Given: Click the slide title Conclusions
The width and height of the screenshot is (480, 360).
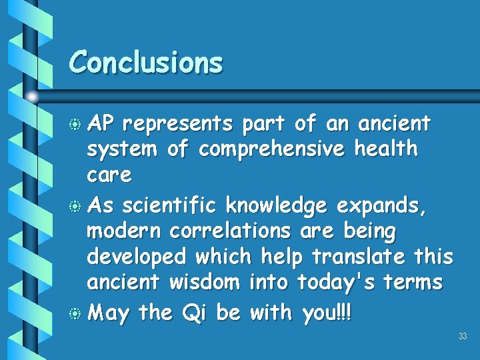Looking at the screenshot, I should [145, 63].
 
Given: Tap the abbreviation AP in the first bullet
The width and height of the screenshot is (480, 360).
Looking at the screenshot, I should [101, 124].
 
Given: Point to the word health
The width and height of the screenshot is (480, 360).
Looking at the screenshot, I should [386, 149].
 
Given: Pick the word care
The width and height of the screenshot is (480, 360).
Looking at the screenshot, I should [109, 176].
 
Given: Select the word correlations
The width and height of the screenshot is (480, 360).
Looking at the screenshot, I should [230, 231].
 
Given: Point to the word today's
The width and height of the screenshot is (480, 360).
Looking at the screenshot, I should [338, 283].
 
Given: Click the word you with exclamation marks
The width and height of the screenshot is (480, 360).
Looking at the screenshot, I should [326, 311].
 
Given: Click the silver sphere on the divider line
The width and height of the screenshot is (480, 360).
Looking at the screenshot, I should [32, 96].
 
